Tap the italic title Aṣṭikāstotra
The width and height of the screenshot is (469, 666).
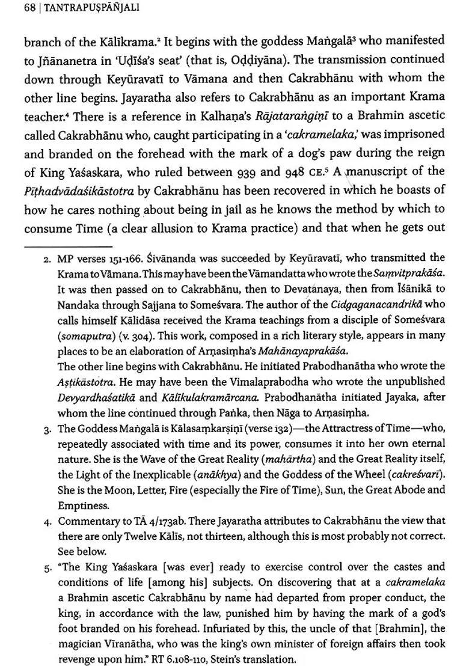point(88,381)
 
